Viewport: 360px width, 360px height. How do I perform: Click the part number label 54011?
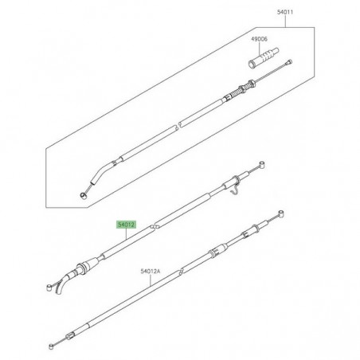285,12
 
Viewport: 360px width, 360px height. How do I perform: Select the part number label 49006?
260,39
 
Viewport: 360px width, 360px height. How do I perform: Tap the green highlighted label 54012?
126,225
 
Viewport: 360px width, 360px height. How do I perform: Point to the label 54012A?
151,271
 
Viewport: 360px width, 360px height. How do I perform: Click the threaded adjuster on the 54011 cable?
242,90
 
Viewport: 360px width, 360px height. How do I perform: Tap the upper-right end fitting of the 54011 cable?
288,63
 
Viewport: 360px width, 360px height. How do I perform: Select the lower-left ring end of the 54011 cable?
83,196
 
